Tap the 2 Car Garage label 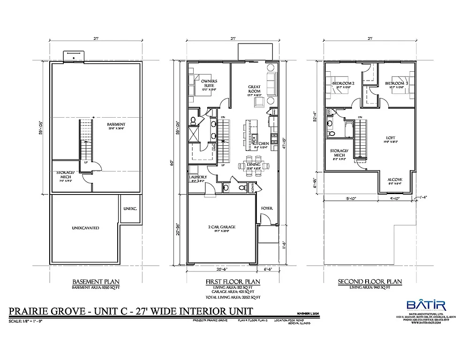(x=222, y=227)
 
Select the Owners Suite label (x=209, y=83)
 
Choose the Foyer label (x=267, y=208)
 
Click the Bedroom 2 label (x=343, y=83)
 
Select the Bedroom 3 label (x=395, y=83)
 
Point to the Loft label (x=391, y=137)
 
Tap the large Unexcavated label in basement (x=85, y=228)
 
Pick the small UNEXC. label (x=130, y=208)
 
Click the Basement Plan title (x=91, y=282)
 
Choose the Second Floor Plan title (x=370, y=282)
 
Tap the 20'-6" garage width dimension (x=222, y=269)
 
